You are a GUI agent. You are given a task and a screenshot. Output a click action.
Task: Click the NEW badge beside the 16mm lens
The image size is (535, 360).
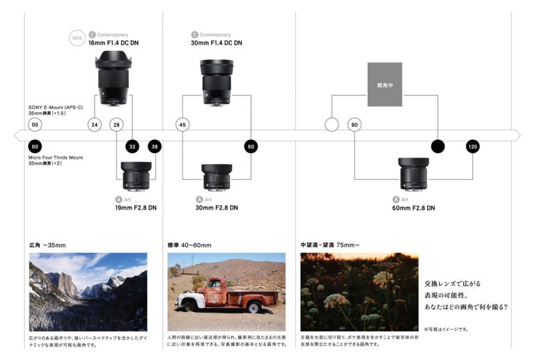pos(78,38)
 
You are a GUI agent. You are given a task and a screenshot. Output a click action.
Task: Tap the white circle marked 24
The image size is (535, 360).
pos(94,125)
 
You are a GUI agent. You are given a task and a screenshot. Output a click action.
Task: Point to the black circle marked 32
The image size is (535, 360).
pos(132,147)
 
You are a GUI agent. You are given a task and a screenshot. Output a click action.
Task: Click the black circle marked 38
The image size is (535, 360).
pos(155,147)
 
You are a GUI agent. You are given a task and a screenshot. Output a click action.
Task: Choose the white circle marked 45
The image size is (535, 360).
pos(183,125)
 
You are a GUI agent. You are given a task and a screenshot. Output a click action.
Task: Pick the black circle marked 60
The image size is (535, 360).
pos(251,147)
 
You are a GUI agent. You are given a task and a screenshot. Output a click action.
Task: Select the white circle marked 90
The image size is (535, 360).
pos(355,125)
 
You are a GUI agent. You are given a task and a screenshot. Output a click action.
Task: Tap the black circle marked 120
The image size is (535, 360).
pos(473,147)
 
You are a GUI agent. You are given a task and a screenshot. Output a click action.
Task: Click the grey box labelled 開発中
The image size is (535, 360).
pos(385,85)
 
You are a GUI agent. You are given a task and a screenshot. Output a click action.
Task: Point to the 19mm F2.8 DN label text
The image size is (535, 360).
pos(136,208)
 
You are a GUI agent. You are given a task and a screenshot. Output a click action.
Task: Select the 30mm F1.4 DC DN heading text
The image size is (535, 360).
pos(216,43)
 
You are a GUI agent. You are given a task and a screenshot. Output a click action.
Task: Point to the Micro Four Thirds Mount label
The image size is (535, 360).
pos(56,158)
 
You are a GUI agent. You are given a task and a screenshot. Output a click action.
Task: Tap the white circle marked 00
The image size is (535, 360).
pos(35,125)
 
